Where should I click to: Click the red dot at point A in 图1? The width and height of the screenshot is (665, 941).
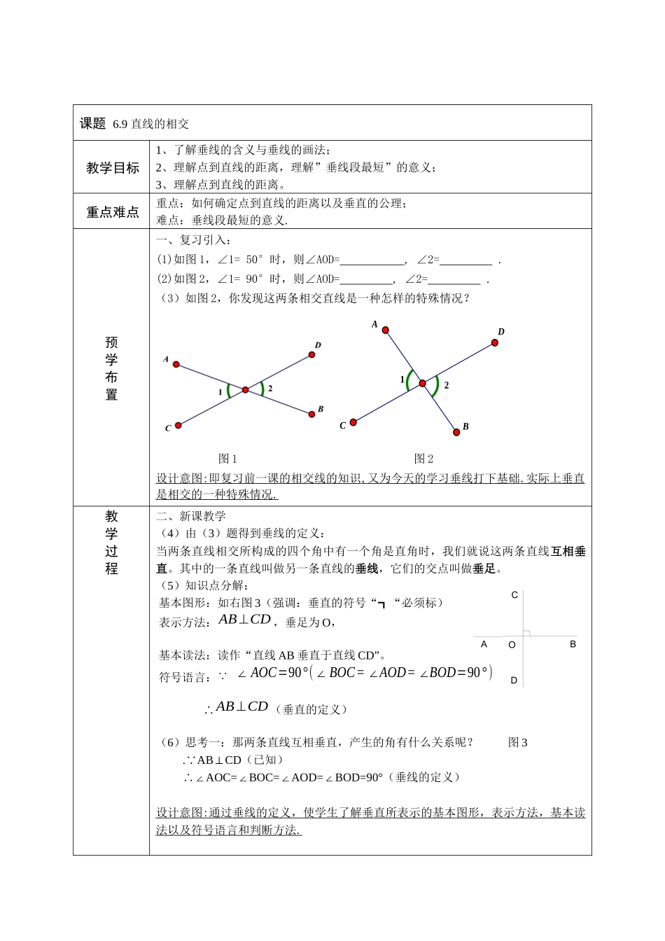(176, 364)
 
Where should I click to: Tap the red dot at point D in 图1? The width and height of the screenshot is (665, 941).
(312, 354)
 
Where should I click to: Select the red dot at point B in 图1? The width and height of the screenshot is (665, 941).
(311, 414)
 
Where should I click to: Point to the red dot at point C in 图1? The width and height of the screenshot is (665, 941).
(178, 425)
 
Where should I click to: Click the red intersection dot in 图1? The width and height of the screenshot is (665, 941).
(245, 389)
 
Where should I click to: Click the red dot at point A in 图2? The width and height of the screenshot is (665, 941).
(385, 330)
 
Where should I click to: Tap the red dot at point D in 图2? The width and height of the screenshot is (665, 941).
(495, 342)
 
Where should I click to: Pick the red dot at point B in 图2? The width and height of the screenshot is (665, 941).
(457, 433)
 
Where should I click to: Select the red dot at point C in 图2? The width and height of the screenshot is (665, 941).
(353, 421)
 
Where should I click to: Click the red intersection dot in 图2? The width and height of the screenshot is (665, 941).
(422, 383)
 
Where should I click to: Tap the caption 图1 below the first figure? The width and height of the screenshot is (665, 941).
(228, 459)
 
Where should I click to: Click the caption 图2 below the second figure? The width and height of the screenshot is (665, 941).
(424, 459)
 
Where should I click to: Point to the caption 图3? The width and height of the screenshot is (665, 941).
(518, 743)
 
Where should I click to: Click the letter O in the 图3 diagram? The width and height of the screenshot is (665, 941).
(512, 645)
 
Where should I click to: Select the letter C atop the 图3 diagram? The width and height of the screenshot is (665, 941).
(514, 595)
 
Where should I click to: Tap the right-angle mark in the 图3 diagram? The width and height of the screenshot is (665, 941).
(527, 633)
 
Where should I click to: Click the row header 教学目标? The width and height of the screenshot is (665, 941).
(112, 168)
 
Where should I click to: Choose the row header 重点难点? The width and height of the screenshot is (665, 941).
(112, 212)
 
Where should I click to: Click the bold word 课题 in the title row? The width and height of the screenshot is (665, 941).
(92, 124)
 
